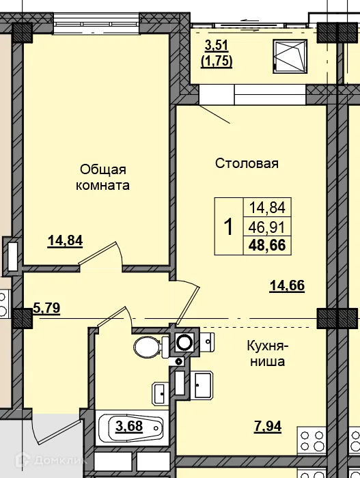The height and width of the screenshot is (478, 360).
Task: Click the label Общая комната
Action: tap(104, 177)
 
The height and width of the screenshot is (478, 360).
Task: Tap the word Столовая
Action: tap(247, 163)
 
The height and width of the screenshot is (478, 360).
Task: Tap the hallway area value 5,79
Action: tap(46, 308)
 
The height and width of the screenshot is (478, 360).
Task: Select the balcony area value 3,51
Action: tap(217, 47)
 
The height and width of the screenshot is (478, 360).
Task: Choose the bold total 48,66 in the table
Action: tap(268, 244)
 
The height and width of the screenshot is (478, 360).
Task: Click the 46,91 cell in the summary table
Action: tap(268, 226)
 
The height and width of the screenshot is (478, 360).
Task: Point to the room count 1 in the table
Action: tap(229, 226)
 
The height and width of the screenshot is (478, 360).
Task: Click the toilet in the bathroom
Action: tap(148, 347)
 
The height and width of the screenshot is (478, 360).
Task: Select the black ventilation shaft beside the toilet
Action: tap(183, 342)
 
